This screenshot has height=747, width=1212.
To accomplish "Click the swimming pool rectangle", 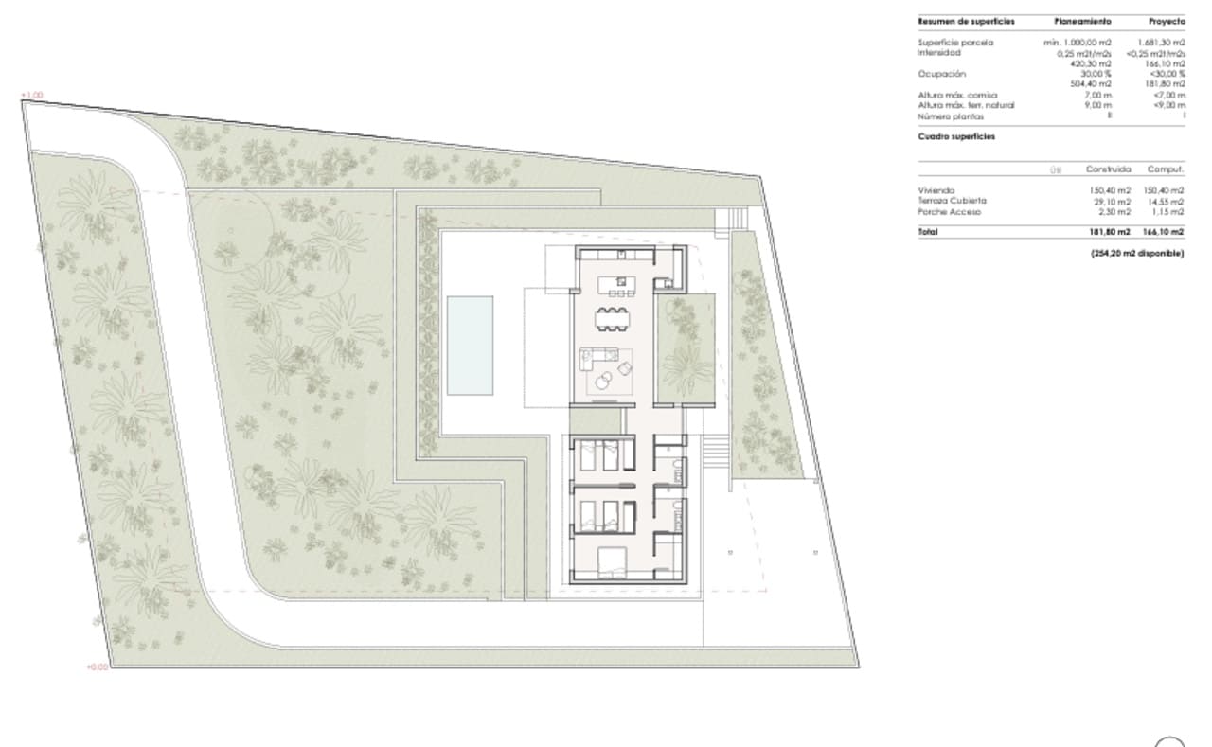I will pos(471,346).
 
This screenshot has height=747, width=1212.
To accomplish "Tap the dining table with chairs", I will pos(613,318).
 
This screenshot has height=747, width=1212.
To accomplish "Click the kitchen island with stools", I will pos(622,285).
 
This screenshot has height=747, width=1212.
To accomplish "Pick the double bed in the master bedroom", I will pos(612,564).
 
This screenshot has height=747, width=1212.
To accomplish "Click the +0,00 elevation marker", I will pos(98,667).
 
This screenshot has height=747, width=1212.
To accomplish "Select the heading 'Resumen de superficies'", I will pos(958,21).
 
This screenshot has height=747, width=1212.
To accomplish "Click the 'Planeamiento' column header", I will pos(1083,21).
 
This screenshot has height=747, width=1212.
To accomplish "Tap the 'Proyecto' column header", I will pos(1166,21).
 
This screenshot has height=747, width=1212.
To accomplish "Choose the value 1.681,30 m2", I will pos(1161,43).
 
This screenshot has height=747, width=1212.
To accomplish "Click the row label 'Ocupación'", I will pos(942,74).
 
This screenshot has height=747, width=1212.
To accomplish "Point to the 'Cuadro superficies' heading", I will pos(955,136).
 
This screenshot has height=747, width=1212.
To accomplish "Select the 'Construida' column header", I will pos(1109,169).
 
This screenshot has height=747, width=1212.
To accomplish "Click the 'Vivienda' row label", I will pos(937,190).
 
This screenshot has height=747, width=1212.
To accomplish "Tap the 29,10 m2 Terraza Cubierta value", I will pos(1112,201).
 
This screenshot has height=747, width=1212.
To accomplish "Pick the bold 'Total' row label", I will pos(929,232).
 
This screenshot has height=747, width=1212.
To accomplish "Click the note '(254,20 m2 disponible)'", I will pos(1137,253).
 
